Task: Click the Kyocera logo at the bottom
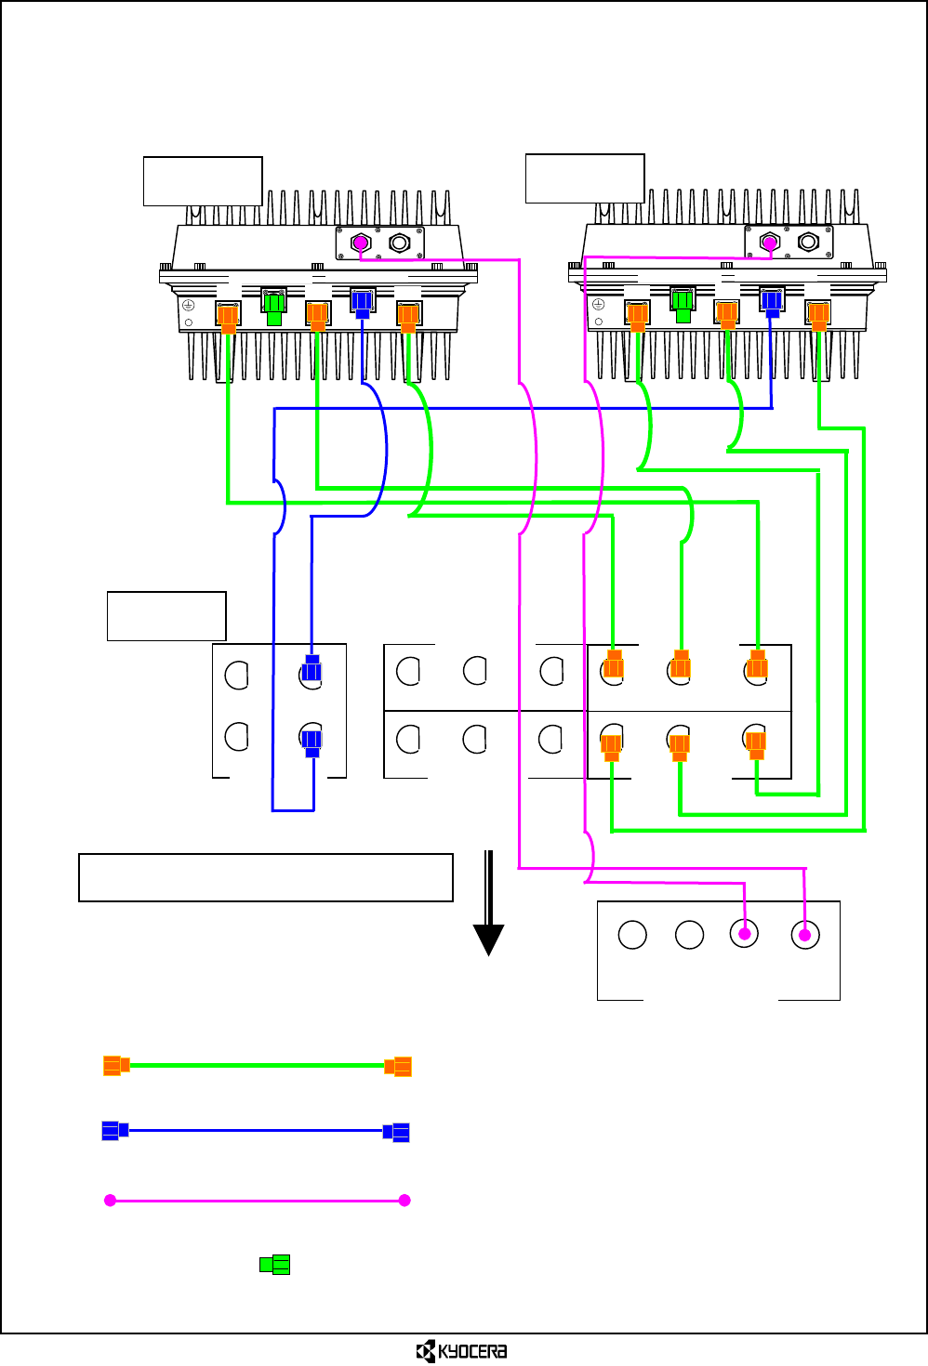(461, 1351)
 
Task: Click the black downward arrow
(489, 903)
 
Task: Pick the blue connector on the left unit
(362, 304)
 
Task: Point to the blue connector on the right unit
(771, 303)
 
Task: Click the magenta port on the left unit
(361, 243)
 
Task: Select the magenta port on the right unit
(770, 243)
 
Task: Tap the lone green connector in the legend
(274, 1265)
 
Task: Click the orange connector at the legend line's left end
(116, 1065)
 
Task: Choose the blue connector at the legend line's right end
(396, 1132)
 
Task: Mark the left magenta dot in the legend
(110, 1201)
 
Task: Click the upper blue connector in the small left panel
(312, 668)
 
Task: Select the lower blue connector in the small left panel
(312, 743)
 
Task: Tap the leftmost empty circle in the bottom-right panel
(632, 935)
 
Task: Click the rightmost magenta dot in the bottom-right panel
(804, 935)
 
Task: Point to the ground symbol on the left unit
(189, 305)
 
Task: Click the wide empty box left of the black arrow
(266, 877)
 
